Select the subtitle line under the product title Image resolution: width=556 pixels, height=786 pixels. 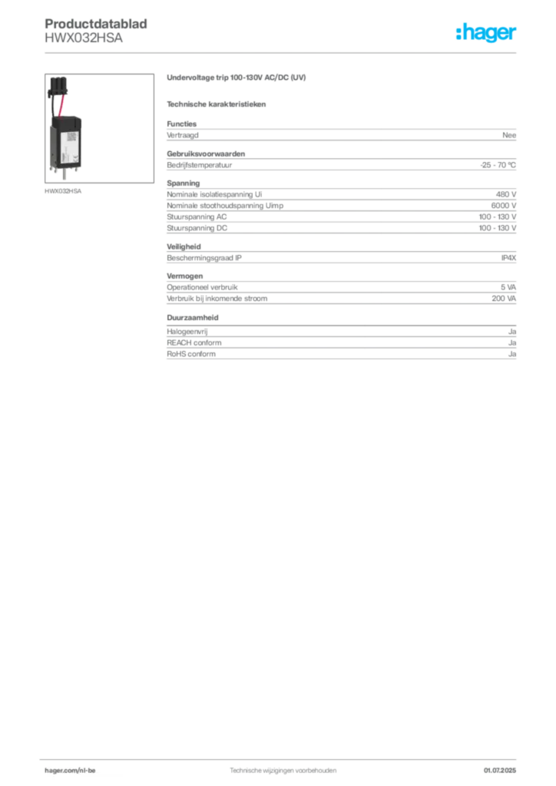[x=218, y=104]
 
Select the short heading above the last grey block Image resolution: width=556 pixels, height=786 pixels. [x=194, y=317]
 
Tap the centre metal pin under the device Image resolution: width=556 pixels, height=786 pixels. [x=65, y=178]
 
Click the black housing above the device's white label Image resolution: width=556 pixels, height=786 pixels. [x=65, y=124]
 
